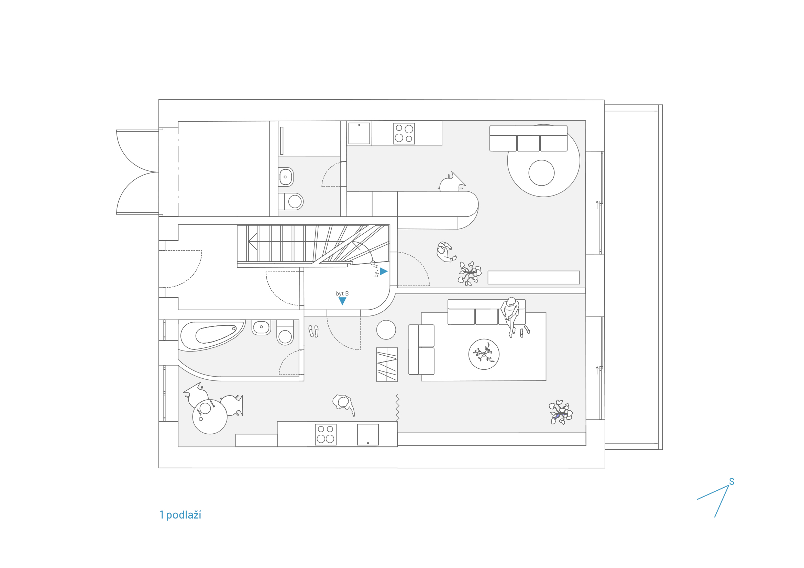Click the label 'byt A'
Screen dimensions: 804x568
[376, 271]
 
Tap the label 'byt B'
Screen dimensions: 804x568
[342, 294]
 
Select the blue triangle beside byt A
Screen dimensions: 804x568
[384, 271]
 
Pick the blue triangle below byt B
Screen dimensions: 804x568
[342, 301]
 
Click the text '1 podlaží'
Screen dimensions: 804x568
[180, 515]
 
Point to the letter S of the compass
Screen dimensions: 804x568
[731, 482]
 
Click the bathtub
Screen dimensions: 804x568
[212, 336]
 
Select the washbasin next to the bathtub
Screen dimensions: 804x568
[261, 327]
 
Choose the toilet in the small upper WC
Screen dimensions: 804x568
[291, 201]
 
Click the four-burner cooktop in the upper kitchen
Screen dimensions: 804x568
[404, 134]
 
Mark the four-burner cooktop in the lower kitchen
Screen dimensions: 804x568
[326, 434]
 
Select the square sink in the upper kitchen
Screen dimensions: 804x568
[359, 133]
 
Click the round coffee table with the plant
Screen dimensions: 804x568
[484, 354]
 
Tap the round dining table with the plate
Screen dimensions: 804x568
[210, 417]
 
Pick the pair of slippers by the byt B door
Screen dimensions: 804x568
[313, 331]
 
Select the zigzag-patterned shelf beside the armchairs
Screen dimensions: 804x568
[387, 365]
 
